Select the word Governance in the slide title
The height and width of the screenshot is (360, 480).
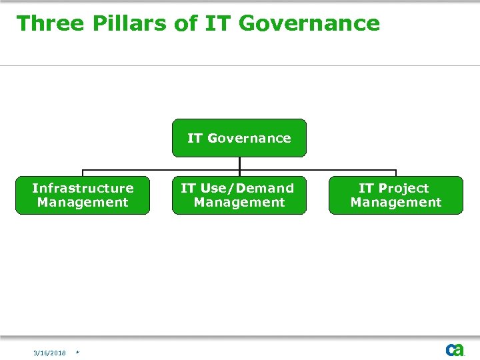[x=309, y=23]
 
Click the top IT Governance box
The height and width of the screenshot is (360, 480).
[x=239, y=138]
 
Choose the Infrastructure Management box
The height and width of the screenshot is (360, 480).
[x=83, y=195]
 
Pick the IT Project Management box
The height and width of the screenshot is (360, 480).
[x=396, y=195]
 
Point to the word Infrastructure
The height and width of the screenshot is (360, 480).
[x=83, y=188]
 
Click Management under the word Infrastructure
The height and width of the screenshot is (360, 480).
[x=83, y=203]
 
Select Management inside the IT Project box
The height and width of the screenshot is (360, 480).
[x=396, y=203]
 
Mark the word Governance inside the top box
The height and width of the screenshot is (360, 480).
[x=249, y=138]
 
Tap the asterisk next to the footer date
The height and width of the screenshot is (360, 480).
[x=77, y=353]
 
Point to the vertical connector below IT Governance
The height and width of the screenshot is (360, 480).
[x=239, y=163]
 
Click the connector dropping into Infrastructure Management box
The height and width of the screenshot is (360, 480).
[x=83, y=173]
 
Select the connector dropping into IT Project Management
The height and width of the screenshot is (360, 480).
[x=396, y=173]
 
